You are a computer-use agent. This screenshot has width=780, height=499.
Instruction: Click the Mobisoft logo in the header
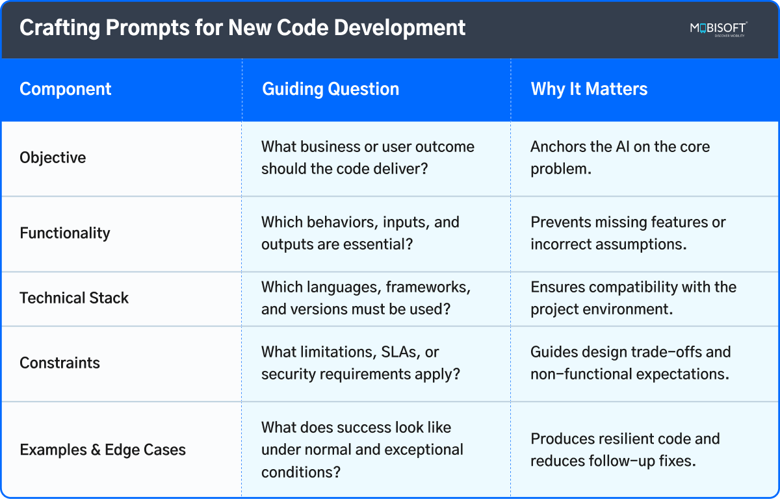[x=719, y=29]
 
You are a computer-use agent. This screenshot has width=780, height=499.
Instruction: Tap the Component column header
[x=66, y=89]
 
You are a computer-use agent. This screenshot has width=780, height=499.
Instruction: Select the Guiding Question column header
[x=330, y=89]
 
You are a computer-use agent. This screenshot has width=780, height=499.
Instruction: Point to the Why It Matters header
[x=589, y=89]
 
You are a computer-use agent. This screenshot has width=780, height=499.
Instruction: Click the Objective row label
[x=53, y=158]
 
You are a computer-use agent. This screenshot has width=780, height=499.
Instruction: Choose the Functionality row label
[x=65, y=233]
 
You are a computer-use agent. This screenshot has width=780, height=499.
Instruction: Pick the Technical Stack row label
[x=74, y=298]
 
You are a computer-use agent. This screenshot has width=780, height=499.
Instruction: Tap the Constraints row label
[x=60, y=363]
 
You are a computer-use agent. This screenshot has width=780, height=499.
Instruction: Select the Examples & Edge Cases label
[x=103, y=450]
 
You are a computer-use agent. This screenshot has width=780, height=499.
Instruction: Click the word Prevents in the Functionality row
[x=558, y=222]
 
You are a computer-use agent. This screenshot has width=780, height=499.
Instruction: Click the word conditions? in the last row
[x=301, y=472]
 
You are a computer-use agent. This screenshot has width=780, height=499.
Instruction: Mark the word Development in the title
[x=400, y=28]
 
